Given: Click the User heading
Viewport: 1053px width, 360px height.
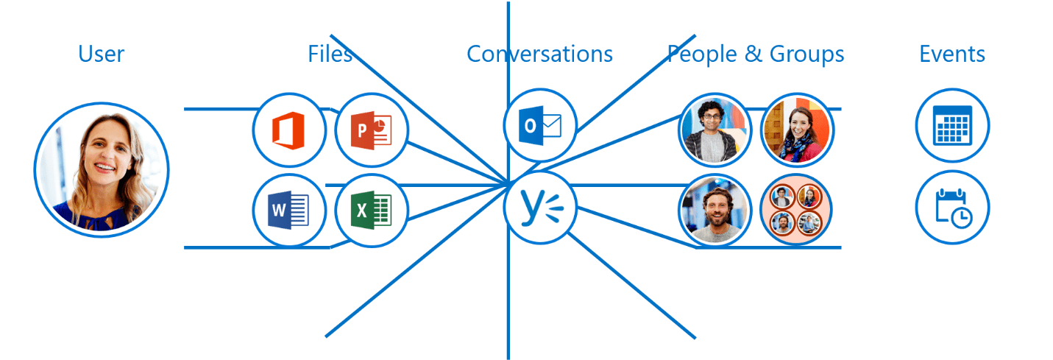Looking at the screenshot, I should (x=102, y=54).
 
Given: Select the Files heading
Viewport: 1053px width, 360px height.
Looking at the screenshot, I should (x=330, y=54).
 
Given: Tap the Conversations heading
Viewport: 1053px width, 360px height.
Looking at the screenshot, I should (x=539, y=54).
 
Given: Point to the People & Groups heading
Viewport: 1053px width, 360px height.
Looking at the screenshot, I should (x=755, y=54).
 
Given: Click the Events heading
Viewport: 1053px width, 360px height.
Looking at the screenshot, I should (x=952, y=54).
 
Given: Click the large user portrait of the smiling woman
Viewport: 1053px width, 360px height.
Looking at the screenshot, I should (x=102, y=169).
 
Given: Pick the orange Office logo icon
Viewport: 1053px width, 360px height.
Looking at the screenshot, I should (x=289, y=130).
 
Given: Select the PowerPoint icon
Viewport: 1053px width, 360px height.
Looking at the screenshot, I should (x=372, y=130).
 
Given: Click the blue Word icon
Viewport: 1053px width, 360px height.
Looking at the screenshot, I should (x=289, y=212).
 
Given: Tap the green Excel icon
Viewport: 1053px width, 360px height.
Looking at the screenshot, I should (x=372, y=212).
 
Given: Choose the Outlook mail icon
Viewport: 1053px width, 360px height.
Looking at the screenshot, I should (x=540, y=126).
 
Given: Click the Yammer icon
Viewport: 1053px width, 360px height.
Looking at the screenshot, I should (x=540, y=208).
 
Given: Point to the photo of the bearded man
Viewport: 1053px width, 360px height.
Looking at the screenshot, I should (x=715, y=211).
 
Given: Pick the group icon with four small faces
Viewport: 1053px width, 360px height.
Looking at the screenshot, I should (x=796, y=211).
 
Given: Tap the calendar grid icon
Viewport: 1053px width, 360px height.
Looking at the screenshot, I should (x=952, y=124).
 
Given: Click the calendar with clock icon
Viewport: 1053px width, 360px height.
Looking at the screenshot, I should (x=952, y=208).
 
